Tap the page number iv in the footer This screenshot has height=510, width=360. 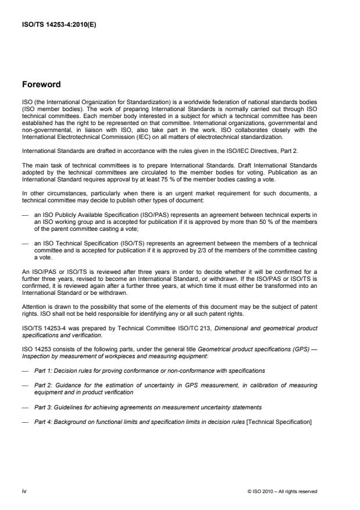click(24, 491)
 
